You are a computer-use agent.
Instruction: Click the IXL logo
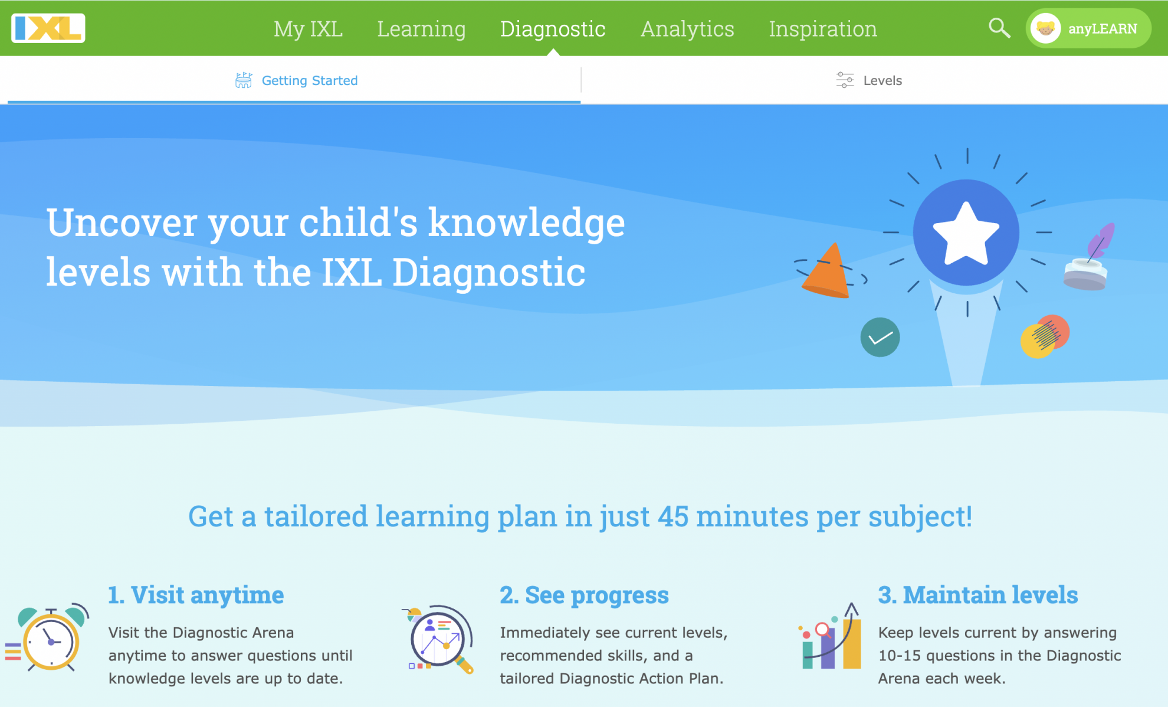tap(48, 28)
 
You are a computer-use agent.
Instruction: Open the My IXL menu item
tap(308, 29)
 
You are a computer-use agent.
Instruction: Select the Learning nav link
tap(421, 29)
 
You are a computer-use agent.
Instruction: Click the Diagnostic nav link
tap(553, 29)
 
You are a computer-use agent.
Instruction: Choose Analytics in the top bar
tap(687, 29)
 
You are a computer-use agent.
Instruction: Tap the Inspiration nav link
tap(823, 29)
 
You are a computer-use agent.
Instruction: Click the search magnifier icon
tap(999, 28)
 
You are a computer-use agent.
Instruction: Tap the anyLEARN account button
tap(1088, 28)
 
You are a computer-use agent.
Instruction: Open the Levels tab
tap(869, 80)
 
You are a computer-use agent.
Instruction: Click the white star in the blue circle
tap(966, 233)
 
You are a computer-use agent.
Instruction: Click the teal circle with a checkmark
tap(880, 337)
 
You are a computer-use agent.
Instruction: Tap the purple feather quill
tap(1100, 241)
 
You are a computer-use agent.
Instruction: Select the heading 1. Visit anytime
tap(196, 595)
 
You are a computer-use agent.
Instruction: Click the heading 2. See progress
tap(584, 595)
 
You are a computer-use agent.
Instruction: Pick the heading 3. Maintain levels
tap(977, 595)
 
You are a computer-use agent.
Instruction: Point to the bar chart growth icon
tap(831, 637)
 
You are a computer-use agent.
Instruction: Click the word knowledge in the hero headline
tap(526, 223)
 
